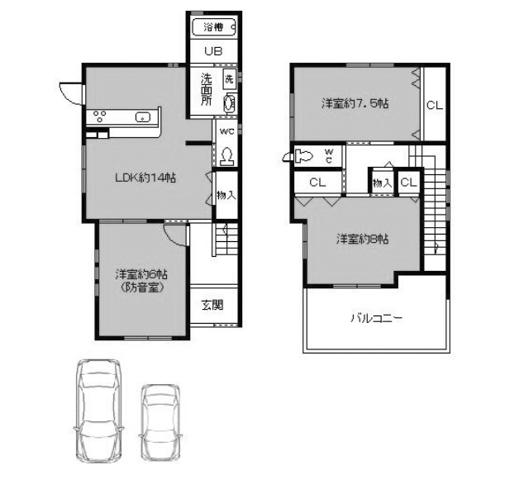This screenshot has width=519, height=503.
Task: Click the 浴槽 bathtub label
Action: pyautogui.click(x=213, y=27)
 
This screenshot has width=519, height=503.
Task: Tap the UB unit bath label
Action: pyautogui.click(x=213, y=51)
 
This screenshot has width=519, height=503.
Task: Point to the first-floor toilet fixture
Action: pyautogui.click(x=226, y=157)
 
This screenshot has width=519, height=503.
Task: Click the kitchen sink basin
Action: pyautogui.click(x=143, y=117)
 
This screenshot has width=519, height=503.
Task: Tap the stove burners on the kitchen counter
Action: pyautogui.click(x=99, y=116)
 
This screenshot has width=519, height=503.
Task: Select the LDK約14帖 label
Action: pyautogui.click(x=145, y=178)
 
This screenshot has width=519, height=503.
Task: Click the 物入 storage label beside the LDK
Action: pyautogui.click(x=226, y=195)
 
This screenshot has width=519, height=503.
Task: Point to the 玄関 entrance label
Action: pyautogui.click(x=212, y=305)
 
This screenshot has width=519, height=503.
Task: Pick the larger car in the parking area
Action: pyautogui.click(x=99, y=410)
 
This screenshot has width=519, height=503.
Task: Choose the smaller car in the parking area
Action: pyautogui.click(x=161, y=422)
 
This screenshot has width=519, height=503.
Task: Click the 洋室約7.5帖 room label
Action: pyautogui.click(x=355, y=104)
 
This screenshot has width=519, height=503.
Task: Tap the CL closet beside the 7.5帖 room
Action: pyautogui.click(x=435, y=106)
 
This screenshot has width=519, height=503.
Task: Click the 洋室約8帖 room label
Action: pyautogui.click(x=363, y=239)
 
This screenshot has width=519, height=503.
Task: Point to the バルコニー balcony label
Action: pyautogui.click(x=376, y=318)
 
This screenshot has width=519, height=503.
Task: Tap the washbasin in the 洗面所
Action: pyautogui.click(x=230, y=103)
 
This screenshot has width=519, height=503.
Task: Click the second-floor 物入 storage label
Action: pyautogui.click(x=383, y=183)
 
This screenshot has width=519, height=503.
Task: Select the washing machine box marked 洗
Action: pyautogui.click(x=230, y=79)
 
